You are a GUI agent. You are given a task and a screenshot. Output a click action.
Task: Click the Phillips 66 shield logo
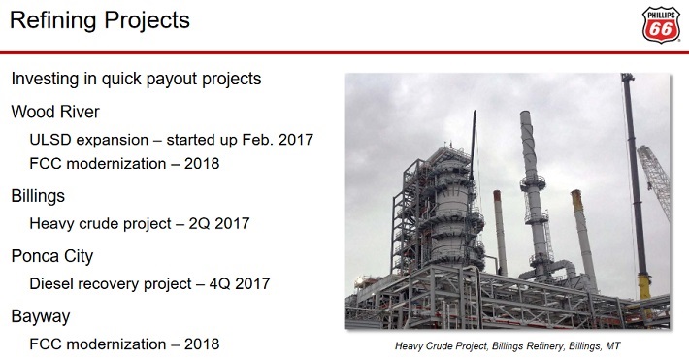661,24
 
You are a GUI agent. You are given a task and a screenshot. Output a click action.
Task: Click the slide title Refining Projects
100,20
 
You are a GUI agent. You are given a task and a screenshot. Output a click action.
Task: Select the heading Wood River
55,112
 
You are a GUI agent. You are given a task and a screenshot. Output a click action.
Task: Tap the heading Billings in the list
38,196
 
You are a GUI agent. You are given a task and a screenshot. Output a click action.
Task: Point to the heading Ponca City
52,256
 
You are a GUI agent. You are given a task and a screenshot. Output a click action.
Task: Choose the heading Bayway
41,316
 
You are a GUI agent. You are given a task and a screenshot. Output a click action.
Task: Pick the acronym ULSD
50,140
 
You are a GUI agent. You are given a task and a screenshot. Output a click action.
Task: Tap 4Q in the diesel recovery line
219,284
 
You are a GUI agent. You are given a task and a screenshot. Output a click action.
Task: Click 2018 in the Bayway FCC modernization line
202,344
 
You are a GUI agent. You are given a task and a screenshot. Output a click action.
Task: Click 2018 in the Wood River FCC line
202,164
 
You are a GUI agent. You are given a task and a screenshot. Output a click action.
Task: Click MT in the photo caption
613,346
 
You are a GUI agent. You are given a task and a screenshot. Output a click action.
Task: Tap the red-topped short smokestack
500,233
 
